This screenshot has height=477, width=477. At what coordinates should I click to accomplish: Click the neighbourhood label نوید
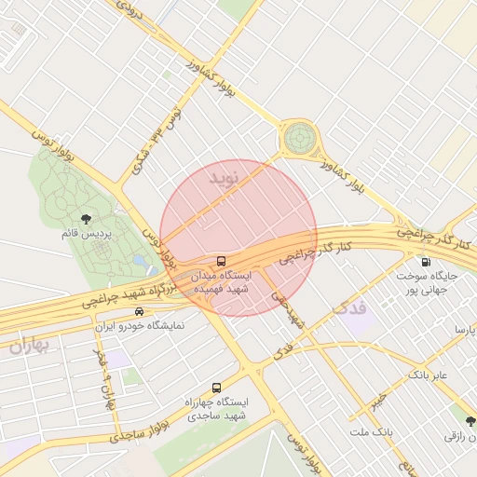click(x=225, y=175)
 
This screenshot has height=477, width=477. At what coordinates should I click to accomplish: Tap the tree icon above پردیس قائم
click(x=87, y=219)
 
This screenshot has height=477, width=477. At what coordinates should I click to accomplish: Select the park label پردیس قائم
click(x=87, y=234)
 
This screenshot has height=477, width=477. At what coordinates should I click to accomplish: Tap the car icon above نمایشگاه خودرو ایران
click(x=139, y=311)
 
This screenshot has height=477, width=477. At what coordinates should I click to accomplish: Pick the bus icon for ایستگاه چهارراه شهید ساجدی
click(x=217, y=387)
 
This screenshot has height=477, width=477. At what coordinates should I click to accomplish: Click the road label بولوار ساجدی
click(x=141, y=429)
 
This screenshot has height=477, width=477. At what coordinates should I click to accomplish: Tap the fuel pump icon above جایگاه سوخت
click(x=426, y=262)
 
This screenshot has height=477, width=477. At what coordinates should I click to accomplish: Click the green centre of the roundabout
click(x=299, y=139)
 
